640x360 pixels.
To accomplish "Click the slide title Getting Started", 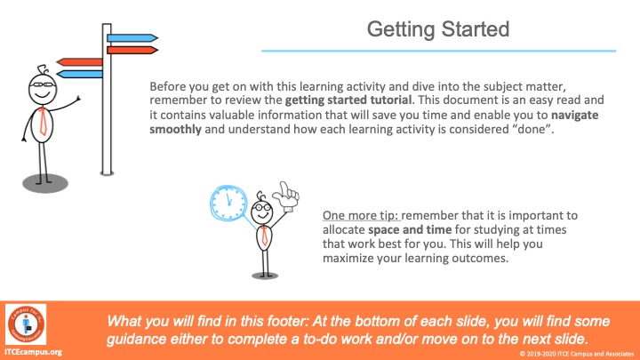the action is (x=438, y=29).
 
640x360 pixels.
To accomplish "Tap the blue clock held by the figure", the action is (x=228, y=203).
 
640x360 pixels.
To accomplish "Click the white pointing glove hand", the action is (x=286, y=196).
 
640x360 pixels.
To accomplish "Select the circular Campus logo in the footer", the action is (x=26, y=324).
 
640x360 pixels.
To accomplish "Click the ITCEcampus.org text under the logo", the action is (x=34, y=352).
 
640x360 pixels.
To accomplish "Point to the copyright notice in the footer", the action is (x=576, y=354).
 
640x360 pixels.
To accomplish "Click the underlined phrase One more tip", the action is (x=362, y=215).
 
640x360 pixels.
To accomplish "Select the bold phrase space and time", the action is (x=410, y=229).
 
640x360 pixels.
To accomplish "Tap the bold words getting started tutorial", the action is (x=348, y=100).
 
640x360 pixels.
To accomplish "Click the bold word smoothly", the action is (x=175, y=130).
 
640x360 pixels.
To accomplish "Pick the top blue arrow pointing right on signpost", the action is (x=132, y=38).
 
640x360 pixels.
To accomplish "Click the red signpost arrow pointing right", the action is (x=132, y=50).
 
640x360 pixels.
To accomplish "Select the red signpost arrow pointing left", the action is (x=80, y=62).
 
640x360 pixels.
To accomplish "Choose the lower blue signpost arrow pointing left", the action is (x=80, y=74).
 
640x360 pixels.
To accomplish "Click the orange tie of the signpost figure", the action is (x=43, y=122).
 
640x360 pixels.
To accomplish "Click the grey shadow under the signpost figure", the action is (x=45, y=184).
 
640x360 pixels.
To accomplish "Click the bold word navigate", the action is (x=575, y=115).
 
